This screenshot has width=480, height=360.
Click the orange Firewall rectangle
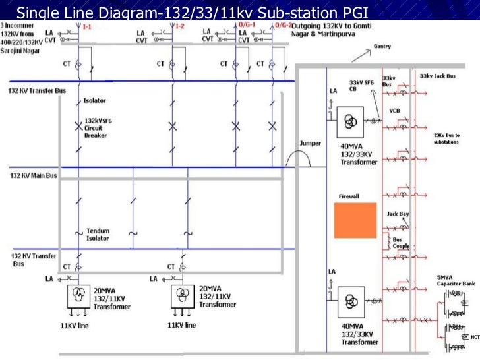point(355,220)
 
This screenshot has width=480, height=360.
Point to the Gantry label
point(383,47)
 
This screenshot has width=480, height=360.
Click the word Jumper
point(310,142)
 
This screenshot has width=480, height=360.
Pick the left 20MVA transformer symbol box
point(78,294)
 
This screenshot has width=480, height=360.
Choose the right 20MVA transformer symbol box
point(181,294)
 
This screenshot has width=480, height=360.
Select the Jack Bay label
point(398,214)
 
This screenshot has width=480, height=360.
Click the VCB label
point(395,110)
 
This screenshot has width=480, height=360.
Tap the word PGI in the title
point(353,11)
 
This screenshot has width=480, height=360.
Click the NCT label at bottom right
point(474,338)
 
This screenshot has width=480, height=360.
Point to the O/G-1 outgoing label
point(248,24)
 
